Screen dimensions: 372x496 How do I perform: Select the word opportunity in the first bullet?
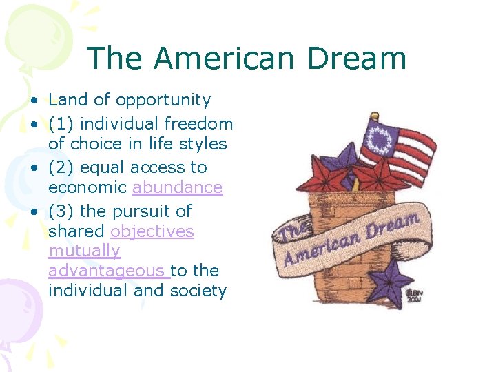pos(163,100)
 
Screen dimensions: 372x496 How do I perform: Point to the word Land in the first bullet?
pos(68,100)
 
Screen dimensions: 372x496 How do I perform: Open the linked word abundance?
pos(177,187)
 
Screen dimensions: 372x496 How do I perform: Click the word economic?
pos(88,187)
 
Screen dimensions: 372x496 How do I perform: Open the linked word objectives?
pos(152,231)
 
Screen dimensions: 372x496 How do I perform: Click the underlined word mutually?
pos(84,251)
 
